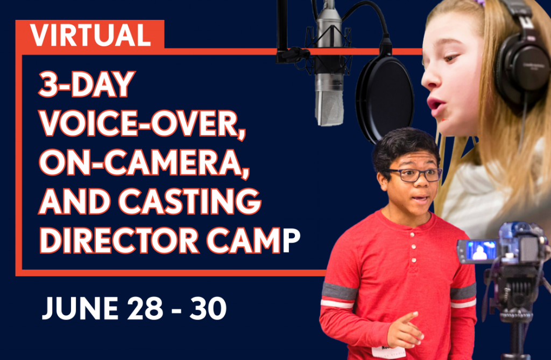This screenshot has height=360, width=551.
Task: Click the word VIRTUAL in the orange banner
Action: (x=90, y=35)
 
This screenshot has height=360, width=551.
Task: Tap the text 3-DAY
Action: (x=87, y=84)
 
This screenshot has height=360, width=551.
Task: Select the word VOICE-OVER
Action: (x=142, y=124)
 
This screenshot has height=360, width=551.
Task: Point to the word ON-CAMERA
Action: (x=144, y=163)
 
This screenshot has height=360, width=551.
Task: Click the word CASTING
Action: (x=190, y=201)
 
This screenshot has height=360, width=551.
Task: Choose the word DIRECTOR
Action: (x=119, y=241)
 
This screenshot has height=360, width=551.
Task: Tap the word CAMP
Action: (x=253, y=241)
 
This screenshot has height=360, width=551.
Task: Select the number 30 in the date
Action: (x=208, y=308)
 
